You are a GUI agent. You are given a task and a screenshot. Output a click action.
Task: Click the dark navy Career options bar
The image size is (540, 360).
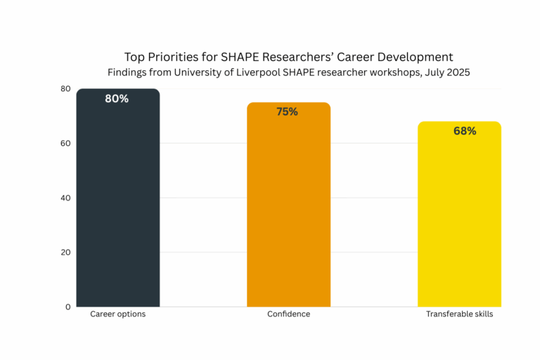click(118, 204)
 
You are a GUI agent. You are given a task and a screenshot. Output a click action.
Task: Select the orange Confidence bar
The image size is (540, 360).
click(288, 211)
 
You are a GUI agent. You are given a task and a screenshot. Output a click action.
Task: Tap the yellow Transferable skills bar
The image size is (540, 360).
click(459, 218)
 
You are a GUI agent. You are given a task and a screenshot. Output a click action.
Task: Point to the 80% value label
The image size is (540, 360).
click(117, 99)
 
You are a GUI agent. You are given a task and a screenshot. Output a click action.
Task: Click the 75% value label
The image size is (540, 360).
click(287, 112)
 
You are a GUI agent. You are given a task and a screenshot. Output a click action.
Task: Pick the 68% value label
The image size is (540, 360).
click(465, 131)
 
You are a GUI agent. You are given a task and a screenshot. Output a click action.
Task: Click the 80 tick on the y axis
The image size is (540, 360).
click(65, 89)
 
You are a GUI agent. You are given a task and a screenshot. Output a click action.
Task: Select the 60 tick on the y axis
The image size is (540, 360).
click(65, 143)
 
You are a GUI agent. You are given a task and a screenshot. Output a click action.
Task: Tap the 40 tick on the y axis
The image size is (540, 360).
click(65, 198)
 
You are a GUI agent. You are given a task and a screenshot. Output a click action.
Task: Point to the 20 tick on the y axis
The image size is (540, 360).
click(65, 252)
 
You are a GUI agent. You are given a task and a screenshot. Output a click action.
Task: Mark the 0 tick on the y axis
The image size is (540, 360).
click(68, 307)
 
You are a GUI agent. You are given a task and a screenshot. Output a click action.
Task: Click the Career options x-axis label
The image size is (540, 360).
click(118, 314)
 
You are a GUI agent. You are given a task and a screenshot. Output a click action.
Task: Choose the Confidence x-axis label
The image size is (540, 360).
click(288, 314)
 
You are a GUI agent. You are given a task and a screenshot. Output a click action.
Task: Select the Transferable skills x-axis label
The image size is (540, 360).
click(459, 314)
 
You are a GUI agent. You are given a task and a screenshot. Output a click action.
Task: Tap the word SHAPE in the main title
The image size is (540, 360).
click(241, 57)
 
